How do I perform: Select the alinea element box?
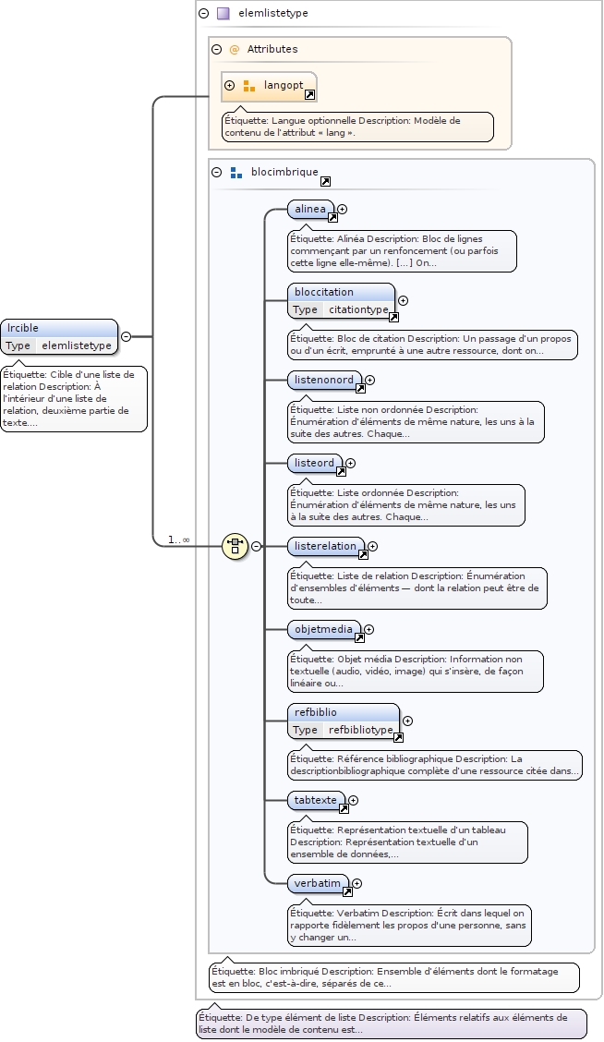click(x=310, y=210)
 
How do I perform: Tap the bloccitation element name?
click(x=324, y=292)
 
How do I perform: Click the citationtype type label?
click(x=358, y=309)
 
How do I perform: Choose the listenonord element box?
click(x=324, y=380)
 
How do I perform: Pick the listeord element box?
click(x=314, y=463)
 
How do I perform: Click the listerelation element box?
click(x=325, y=546)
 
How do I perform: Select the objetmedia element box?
click(x=323, y=629)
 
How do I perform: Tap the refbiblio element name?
click(x=316, y=712)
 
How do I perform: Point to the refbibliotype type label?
click(x=360, y=730)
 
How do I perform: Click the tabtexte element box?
click(x=316, y=800)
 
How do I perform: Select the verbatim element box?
click(x=318, y=883)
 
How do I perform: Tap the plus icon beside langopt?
click(x=230, y=86)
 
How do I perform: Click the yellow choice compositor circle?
click(x=236, y=546)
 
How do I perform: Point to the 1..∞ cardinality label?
click(x=178, y=539)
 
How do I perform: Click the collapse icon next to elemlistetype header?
click(x=204, y=14)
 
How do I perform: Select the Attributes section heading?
click(x=272, y=49)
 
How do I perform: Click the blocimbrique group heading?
click(x=284, y=172)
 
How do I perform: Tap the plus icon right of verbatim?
click(x=357, y=883)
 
